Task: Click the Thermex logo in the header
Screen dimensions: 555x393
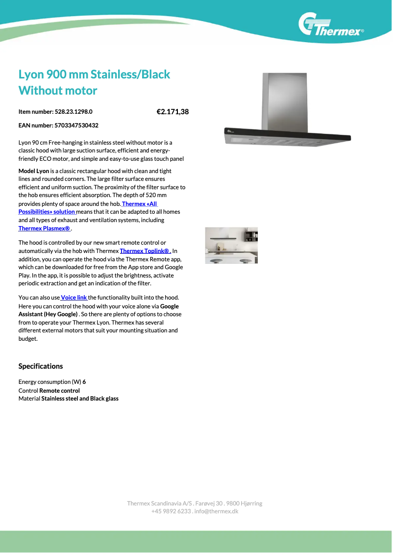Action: pyautogui.click(x=331, y=25)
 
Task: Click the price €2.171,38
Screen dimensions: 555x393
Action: pyautogui.click(x=172, y=112)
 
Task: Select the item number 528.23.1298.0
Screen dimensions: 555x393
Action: pyautogui.click(x=74, y=112)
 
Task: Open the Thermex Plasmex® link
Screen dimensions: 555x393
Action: pyautogui.click(x=44, y=228)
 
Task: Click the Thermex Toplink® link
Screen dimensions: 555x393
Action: pyautogui.click(x=145, y=251)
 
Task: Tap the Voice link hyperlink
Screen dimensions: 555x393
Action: pyautogui.click(x=74, y=298)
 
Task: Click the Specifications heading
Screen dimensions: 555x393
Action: pyautogui.click(x=41, y=366)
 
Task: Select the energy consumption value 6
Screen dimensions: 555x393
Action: pyautogui.click(x=84, y=382)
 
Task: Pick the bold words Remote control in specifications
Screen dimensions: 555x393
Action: pyautogui.click(x=59, y=391)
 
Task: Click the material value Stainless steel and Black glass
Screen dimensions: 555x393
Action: pyautogui.click(x=80, y=399)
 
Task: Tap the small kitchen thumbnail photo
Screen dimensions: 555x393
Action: pyautogui.click(x=231, y=245)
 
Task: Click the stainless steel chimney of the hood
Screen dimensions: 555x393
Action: pyautogui.click(x=284, y=101)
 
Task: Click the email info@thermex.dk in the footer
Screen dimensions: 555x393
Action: pyautogui.click(x=216, y=511)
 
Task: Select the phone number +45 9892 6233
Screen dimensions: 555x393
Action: pyautogui.click(x=171, y=511)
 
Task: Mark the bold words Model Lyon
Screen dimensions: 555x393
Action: pyautogui.click(x=34, y=171)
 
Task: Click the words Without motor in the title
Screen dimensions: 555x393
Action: pyautogui.click(x=58, y=91)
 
